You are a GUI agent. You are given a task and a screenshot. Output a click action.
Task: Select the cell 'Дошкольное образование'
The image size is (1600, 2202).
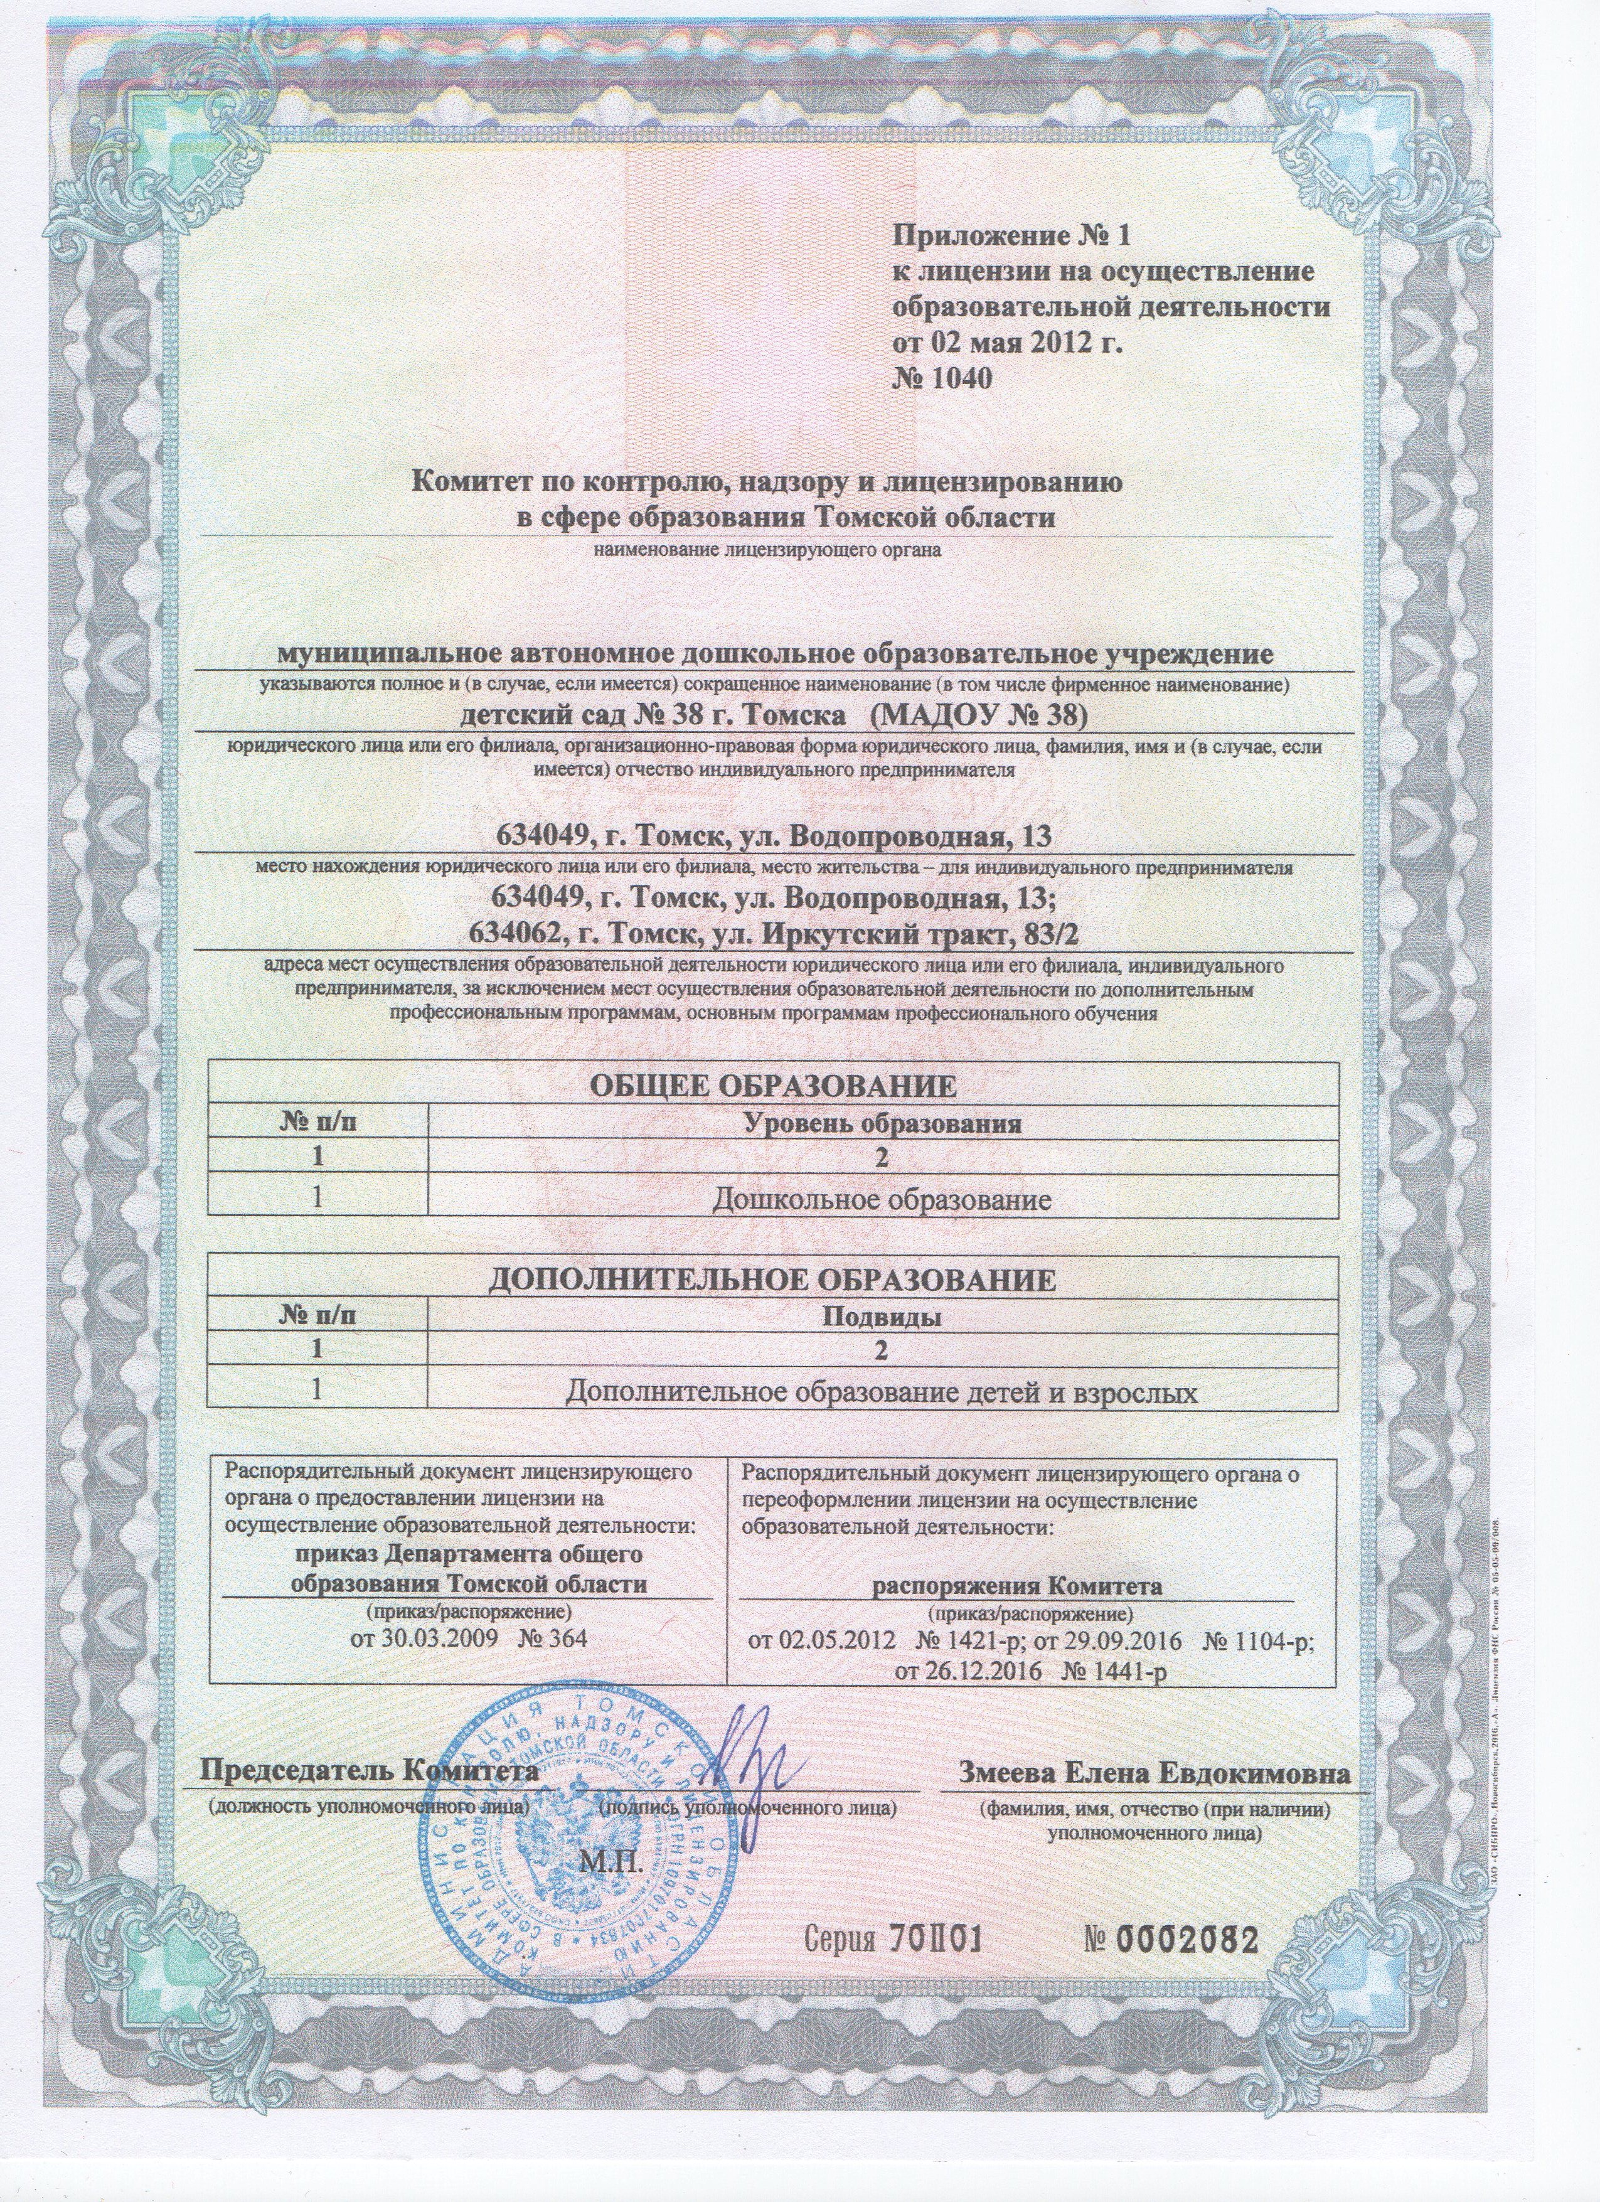[x=883, y=1200]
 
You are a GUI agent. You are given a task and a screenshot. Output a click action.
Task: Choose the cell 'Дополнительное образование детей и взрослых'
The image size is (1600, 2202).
[x=883, y=1393]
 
